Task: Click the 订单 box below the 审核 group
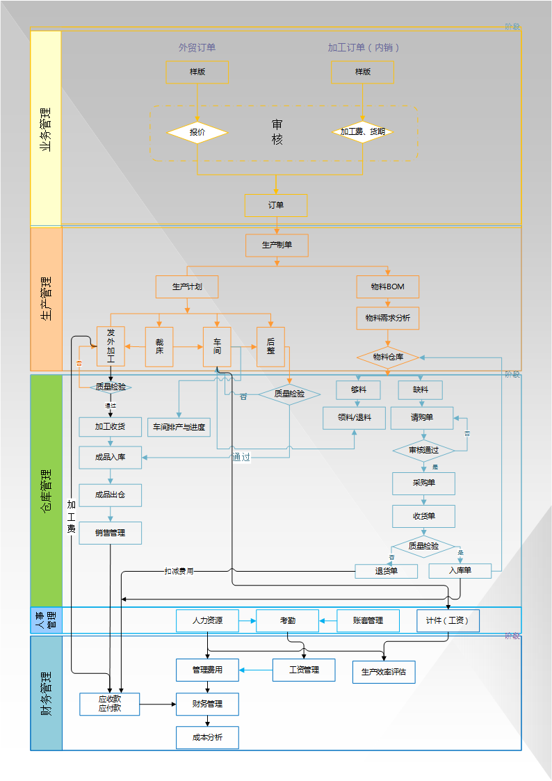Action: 276,205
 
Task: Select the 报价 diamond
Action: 197,132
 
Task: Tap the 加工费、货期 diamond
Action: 363,132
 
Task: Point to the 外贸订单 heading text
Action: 197,47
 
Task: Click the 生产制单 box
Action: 276,245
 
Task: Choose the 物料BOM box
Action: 387,287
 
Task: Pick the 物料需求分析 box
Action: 387,318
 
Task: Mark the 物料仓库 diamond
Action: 388,357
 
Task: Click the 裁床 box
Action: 159,346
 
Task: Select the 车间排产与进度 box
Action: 179,427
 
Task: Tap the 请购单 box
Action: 421,418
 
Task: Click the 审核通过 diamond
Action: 423,451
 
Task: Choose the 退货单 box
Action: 386,571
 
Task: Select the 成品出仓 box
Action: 110,495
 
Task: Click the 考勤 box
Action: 287,620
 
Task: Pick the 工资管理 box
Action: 304,670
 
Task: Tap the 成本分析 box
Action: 207,738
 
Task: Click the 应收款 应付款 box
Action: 109,704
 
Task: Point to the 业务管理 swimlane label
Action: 46,129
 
